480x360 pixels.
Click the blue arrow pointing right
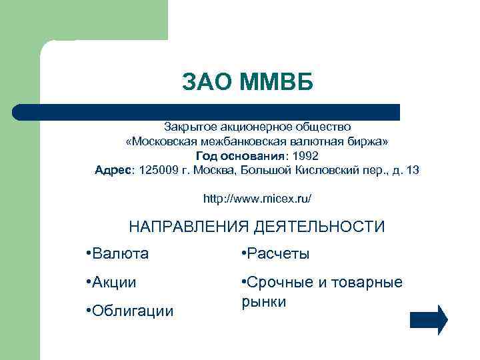429,319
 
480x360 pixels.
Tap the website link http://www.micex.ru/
257,199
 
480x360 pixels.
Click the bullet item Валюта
118,254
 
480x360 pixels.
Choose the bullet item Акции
111,283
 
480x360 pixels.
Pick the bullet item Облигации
130,311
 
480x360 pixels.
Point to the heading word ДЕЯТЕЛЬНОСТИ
319,227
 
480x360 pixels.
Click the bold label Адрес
114,170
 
